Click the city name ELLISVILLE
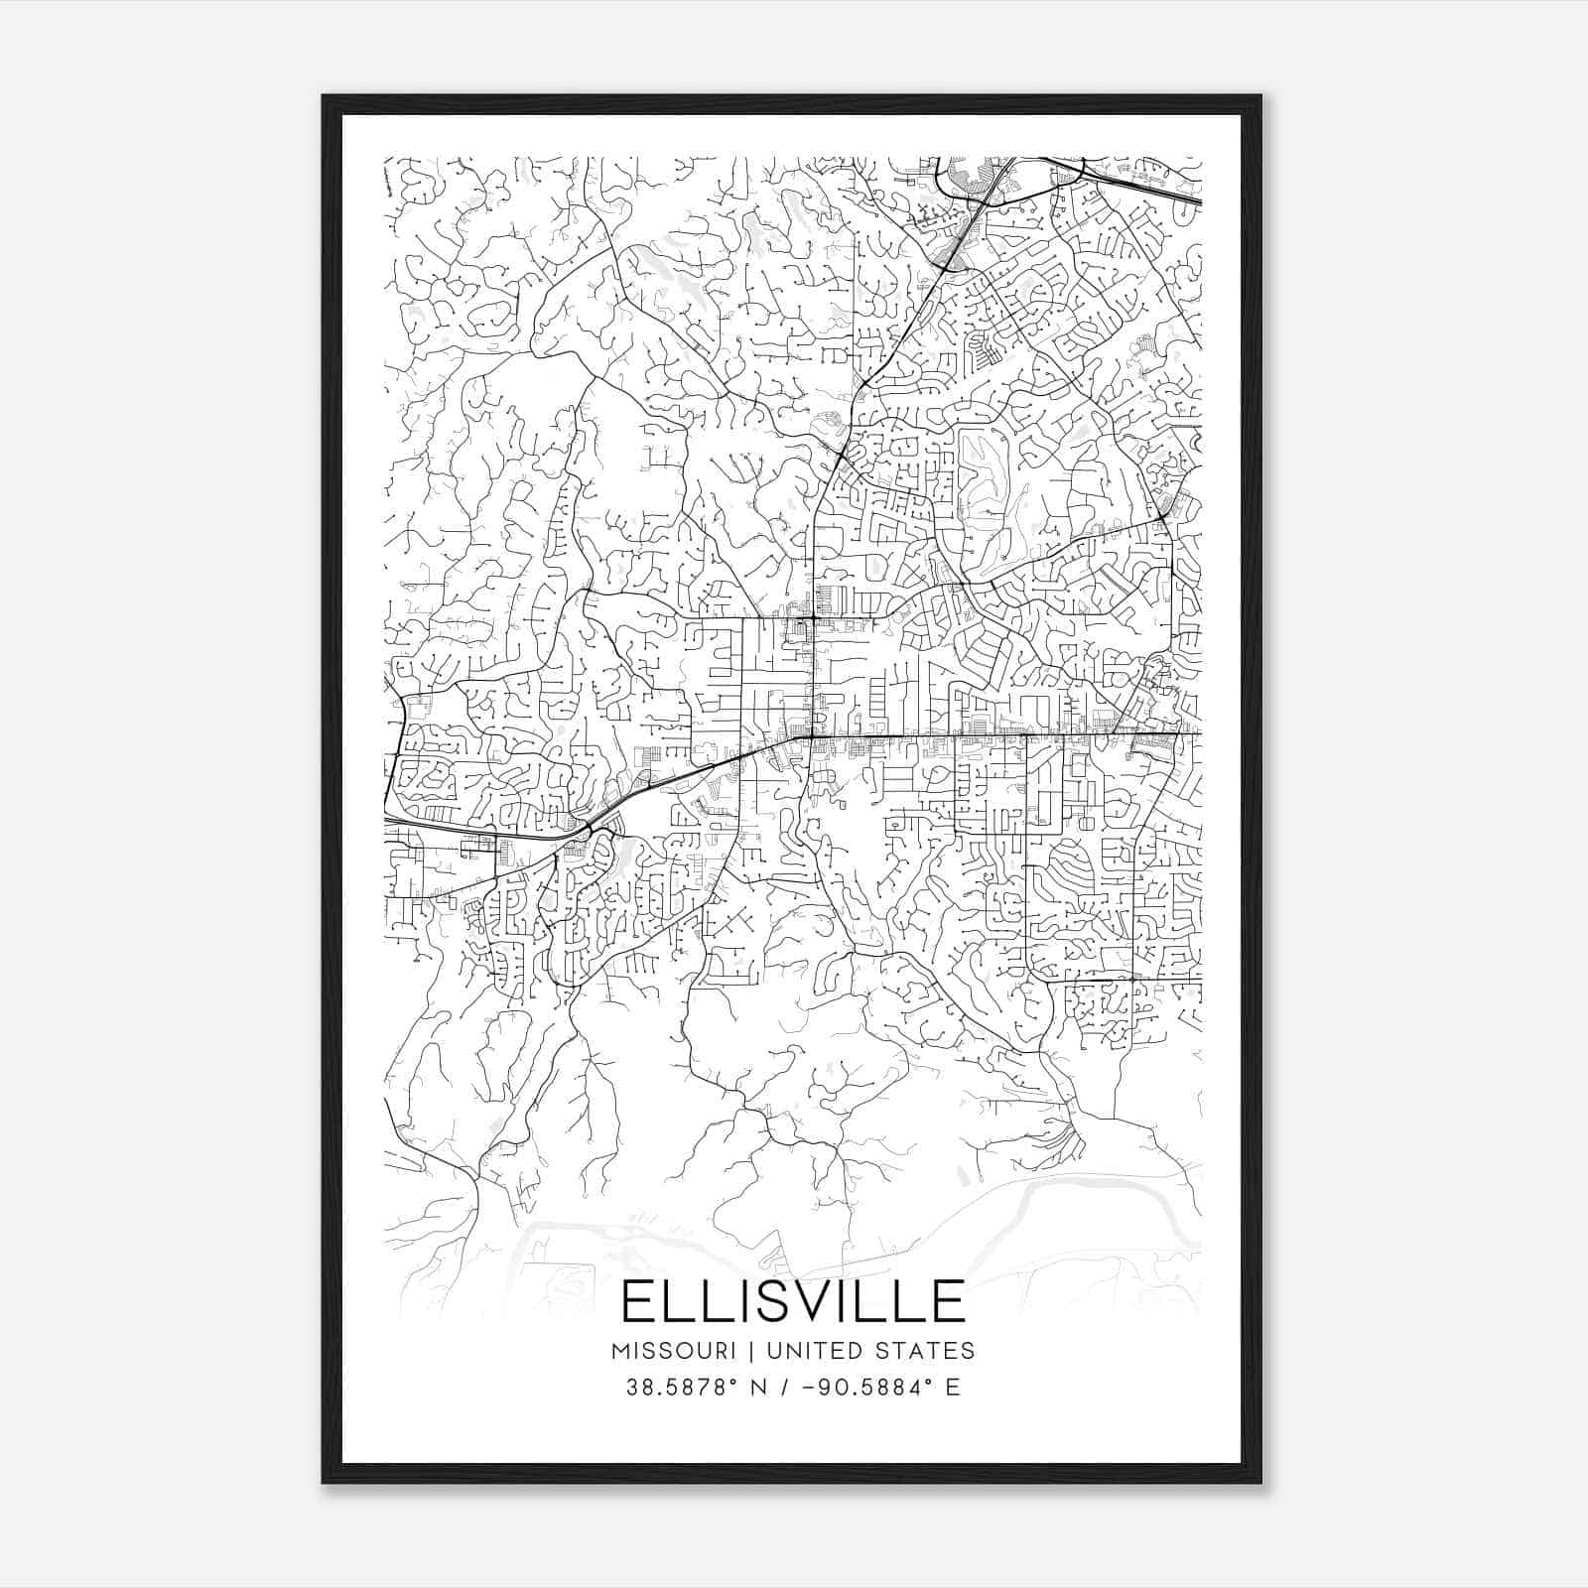(793, 1301)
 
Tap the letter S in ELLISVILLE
(776, 1301)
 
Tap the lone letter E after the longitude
(953, 1388)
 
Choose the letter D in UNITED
(851, 1351)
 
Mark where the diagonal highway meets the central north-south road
(812, 736)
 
